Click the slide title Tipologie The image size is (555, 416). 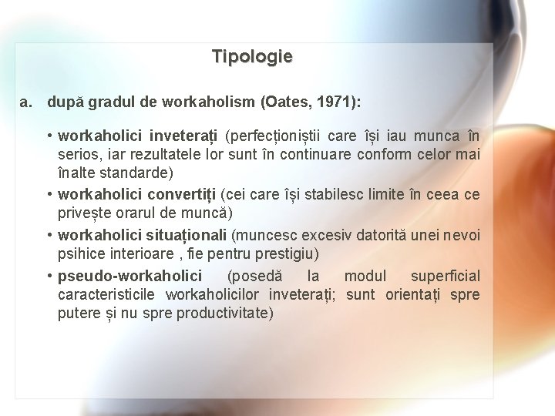252,57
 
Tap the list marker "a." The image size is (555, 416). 27,102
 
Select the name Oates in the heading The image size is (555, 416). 284,102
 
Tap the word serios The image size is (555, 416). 78,156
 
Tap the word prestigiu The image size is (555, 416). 292,253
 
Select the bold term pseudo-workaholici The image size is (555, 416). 130,276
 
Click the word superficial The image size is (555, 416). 445,276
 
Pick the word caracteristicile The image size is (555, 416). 105,294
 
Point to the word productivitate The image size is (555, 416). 224,313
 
